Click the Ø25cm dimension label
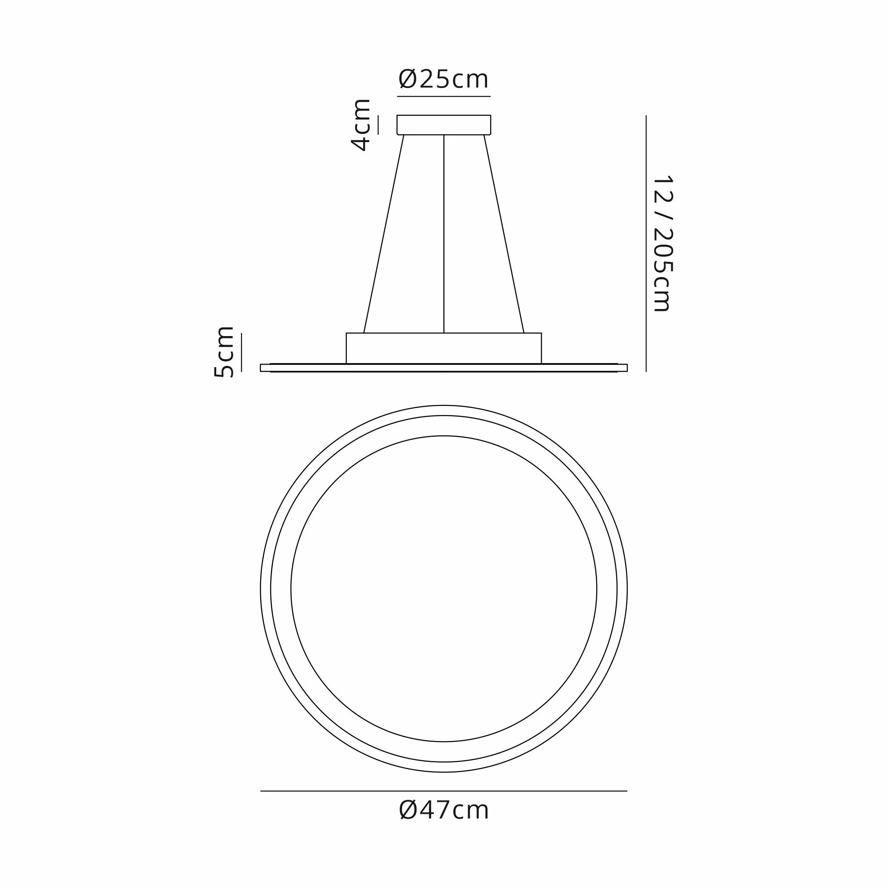[444, 79]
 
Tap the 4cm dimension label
[361, 125]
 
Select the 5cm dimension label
[224, 352]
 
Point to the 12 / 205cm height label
[663, 244]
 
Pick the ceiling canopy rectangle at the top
[444, 125]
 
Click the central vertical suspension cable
[444, 234]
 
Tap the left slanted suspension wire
[384, 234]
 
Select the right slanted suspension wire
[504, 234]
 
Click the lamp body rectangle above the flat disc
[444, 348]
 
